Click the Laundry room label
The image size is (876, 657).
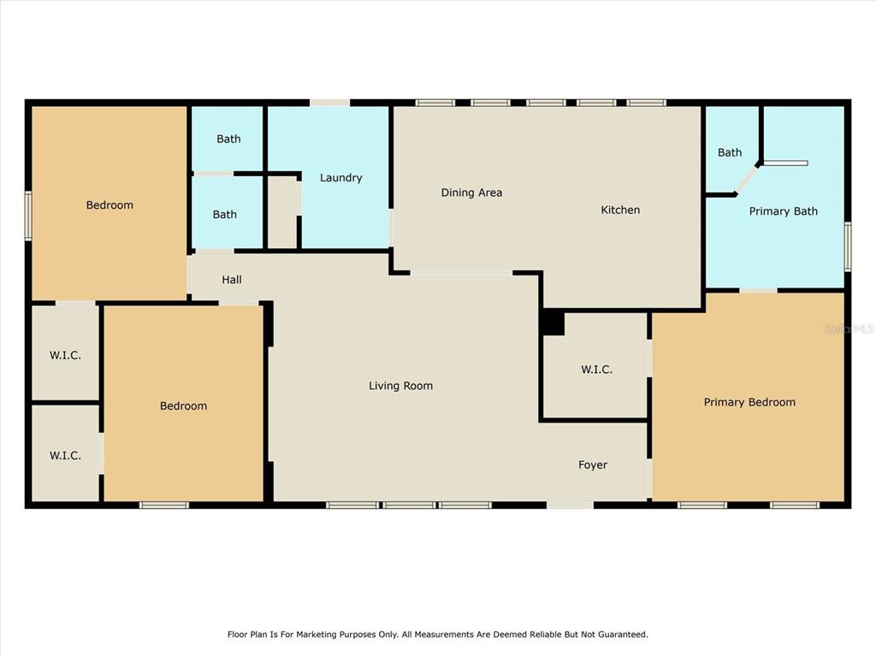(340, 178)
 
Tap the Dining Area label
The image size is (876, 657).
(471, 192)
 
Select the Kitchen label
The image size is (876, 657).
(620, 210)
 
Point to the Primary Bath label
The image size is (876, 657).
(784, 211)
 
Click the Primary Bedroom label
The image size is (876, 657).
(749, 402)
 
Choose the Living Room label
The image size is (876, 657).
(400, 386)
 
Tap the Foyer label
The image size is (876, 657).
(593, 465)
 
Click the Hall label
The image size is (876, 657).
(232, 280)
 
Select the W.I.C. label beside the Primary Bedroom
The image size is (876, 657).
(596, 370)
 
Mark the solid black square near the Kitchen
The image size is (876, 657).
(553, 323)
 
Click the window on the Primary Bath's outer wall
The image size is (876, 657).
(848, 246)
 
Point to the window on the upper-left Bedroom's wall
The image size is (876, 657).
(28, 216)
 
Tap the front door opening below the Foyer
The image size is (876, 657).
(570, 505)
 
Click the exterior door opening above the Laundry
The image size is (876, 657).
(329, 103)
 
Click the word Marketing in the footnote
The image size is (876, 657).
(317, 635)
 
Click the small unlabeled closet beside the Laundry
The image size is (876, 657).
(282, 212)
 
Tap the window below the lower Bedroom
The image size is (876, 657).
(164, 505)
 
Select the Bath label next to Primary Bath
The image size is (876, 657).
(730, 152)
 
